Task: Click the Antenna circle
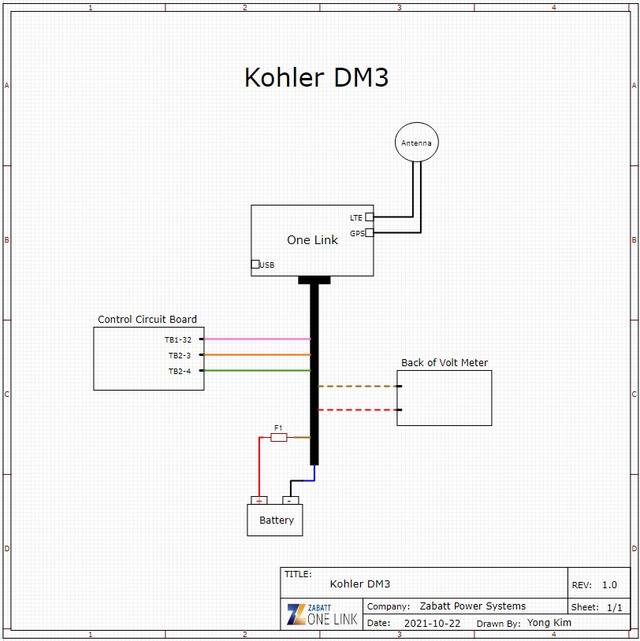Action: [416, 143]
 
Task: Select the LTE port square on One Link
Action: [369, 217]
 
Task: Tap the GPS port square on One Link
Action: [369, 232]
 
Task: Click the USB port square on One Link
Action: [255, 264]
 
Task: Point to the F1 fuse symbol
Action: [278, 437]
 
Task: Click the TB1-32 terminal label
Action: [178, 339]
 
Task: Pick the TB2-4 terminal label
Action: [179, 371]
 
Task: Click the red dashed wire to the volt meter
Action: [359, 410]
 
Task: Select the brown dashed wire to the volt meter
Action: [359, 387]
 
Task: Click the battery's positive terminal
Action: [259, 500]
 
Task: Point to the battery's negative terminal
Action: [290, 500]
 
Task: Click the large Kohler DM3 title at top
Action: [316, 77]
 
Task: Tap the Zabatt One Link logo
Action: [322, 614]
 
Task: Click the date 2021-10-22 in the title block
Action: [432, 623]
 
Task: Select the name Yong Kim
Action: [549, 623]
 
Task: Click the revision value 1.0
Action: [609, 585]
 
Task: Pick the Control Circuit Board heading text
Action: [147, 320]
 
